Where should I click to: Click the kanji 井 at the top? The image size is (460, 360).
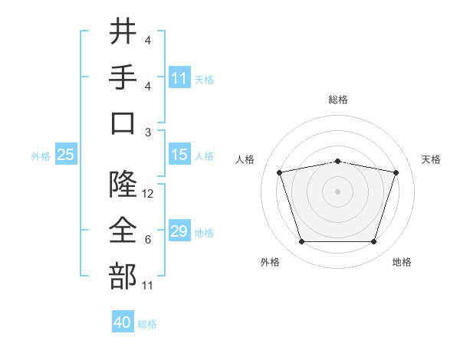click(123, 31)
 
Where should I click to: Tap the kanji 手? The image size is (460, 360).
click(123, 77)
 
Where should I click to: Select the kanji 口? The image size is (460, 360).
click(123, 123)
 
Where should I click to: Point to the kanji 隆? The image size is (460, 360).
click(123, 184)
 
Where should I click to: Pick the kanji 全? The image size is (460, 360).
click(123, 230)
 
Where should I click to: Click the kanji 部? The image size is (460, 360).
click(123, 276)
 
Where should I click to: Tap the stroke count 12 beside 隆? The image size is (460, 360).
click(147, 194)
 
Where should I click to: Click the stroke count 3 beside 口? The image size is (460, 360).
click(148, 133)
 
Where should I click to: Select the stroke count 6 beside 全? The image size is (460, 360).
click(148, 240)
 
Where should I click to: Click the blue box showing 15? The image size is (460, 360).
click(179, 154)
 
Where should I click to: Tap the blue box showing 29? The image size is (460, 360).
click(179, 230)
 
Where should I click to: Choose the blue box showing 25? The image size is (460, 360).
click(66, 154)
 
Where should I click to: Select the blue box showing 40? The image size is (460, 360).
click(123, 321)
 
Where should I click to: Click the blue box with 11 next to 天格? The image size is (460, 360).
click(179, 77)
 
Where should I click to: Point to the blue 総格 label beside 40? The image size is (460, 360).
click(147, 324)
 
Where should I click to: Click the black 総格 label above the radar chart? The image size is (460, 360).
click(338, 100)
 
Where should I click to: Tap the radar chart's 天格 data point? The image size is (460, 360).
click(396, 172)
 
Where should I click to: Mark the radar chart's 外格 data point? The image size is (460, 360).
click(302, 242)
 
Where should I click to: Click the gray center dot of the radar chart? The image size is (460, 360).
click(337, 191)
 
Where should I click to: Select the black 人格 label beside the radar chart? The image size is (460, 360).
click(245, 159)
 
